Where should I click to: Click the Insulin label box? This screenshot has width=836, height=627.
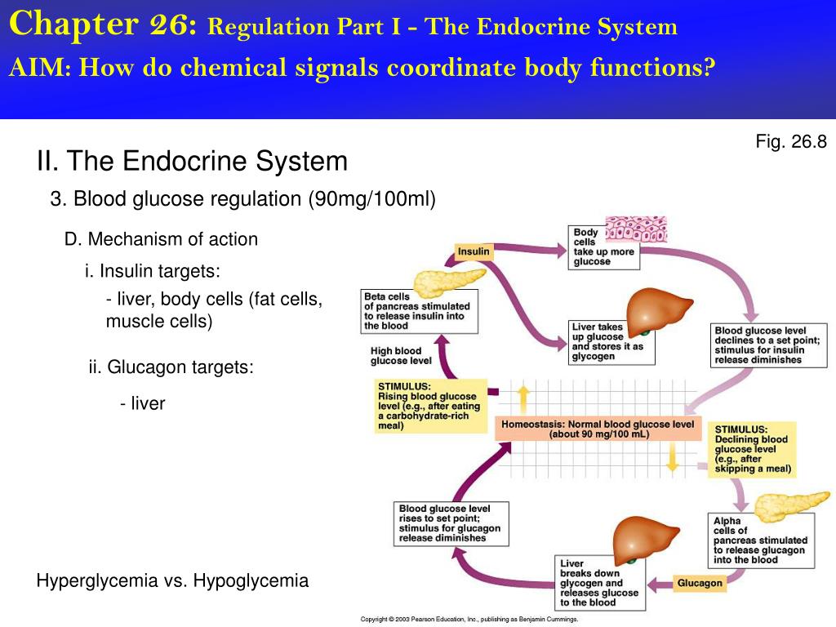click(474, 251)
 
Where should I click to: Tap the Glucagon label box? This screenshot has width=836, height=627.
click(700, 583)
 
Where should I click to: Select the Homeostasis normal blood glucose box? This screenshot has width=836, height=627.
click(598, 429)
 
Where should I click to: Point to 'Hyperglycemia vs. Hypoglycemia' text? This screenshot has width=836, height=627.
click(172, 581)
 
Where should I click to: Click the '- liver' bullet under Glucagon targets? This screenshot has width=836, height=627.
click(142, 403)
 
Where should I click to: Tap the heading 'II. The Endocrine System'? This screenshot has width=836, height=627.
click(192, 162)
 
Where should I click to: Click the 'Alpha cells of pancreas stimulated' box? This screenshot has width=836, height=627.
click(759, 540)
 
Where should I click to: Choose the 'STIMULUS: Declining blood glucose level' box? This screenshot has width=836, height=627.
click(754, 449)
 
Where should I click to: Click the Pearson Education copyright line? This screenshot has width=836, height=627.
click(469, 620)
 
